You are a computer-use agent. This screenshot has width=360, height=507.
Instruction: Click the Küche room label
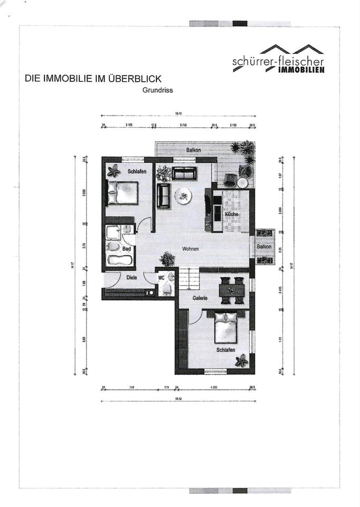(231, 214)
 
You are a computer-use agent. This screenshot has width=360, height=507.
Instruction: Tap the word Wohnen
(191, 249)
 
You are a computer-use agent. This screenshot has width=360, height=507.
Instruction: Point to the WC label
(161, 276)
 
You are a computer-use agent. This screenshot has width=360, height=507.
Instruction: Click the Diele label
(131, 276)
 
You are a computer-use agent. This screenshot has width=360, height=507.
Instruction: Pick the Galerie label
(200, 298)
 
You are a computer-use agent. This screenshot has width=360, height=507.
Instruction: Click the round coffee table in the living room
(183, 195)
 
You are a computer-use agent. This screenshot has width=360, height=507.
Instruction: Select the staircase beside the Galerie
(188, 278)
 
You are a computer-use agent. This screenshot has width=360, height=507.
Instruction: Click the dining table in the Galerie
(232, 290)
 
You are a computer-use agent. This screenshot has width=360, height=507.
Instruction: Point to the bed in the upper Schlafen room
(122, 193)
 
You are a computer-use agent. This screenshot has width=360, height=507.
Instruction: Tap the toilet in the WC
(166, 288)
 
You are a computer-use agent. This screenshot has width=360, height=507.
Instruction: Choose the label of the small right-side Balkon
(264, 247)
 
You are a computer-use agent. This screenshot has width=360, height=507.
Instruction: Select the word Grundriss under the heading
(158, 90)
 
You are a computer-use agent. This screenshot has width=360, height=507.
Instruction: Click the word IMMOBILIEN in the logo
(301, 70)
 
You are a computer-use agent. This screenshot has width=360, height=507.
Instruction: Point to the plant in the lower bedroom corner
(241, 361)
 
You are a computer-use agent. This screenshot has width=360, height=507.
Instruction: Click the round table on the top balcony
(242, 183)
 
